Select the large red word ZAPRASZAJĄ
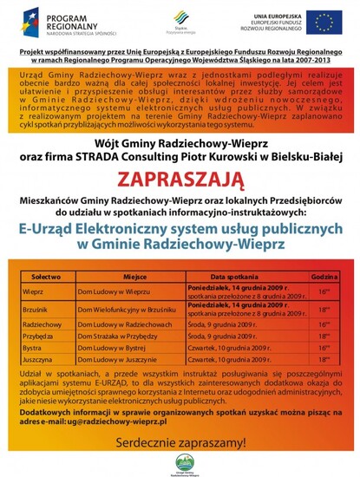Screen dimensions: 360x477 click(x=180, y=180)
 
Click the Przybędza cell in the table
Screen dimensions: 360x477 click(x=37, y=337)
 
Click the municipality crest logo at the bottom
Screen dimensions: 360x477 click(x=180, y=462)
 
